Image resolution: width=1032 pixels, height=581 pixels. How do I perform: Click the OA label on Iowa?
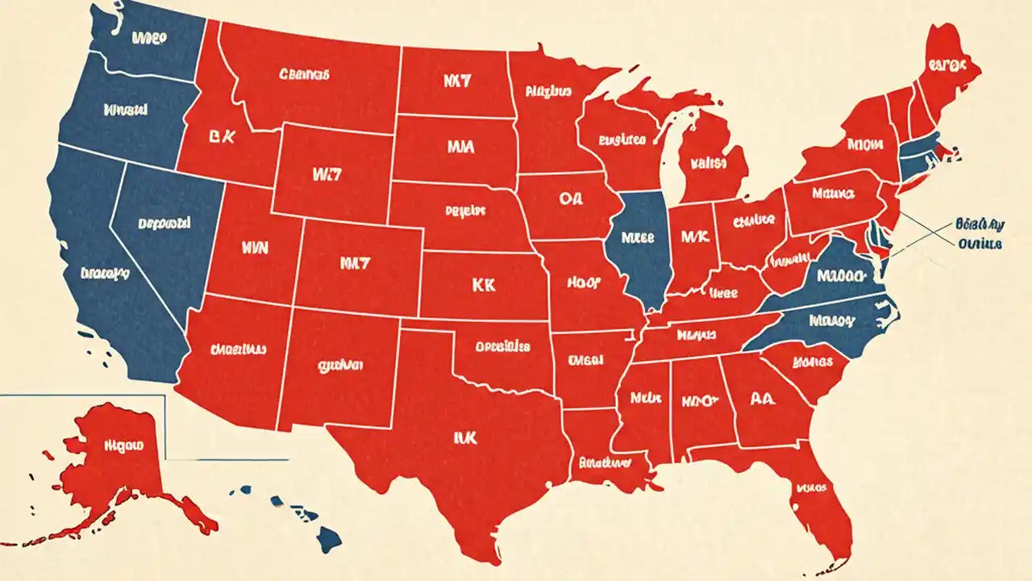coord(569,199)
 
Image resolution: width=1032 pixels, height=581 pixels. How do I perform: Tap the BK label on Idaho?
coord(220,137)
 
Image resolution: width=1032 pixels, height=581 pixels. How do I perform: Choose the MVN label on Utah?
coord(253,248)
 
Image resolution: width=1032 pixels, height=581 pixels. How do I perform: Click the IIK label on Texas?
coord(466,437)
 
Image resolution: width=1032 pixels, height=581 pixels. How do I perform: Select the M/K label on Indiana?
coord(693,237)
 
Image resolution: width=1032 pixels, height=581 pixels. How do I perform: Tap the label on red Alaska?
coord(123,445)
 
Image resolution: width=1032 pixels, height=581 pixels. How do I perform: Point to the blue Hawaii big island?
coord(328,535)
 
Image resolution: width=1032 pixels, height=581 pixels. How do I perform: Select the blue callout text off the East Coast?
coord(978,233)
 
